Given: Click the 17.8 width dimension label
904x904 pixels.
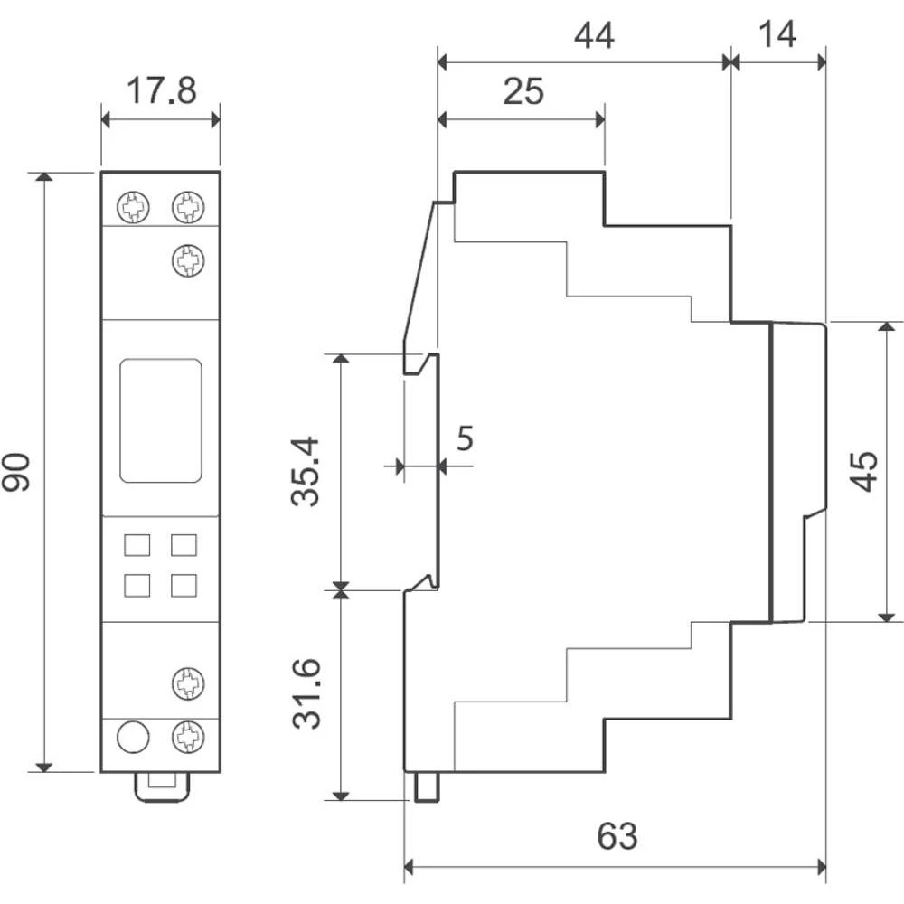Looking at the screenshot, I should click(x=160, y=92).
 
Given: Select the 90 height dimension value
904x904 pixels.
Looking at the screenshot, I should click(x=17, y=472).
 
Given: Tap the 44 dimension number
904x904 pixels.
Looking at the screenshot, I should click(x=594, y=36).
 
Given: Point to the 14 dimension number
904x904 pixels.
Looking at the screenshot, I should click(x=777, y=36).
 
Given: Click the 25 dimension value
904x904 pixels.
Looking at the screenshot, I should click(x=523, y=92).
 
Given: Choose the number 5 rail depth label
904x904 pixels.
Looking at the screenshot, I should click(x=464, y=439).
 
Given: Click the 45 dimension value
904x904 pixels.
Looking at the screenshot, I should click(x=865, y=472).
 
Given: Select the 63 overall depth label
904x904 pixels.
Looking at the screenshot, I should click(x=617, y=837).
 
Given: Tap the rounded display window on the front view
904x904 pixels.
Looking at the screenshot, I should click(x=160, y=420).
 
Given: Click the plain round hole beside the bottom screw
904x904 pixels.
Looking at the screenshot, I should click(x=133, y=738).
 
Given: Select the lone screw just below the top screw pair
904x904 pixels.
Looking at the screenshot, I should click(x=187, y=261).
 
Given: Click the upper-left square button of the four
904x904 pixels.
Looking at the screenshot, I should click(x=137, y=545).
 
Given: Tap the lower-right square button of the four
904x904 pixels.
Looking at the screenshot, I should click(x=184, y=585).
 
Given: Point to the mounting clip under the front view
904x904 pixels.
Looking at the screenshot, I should click(x=162, y=786).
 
